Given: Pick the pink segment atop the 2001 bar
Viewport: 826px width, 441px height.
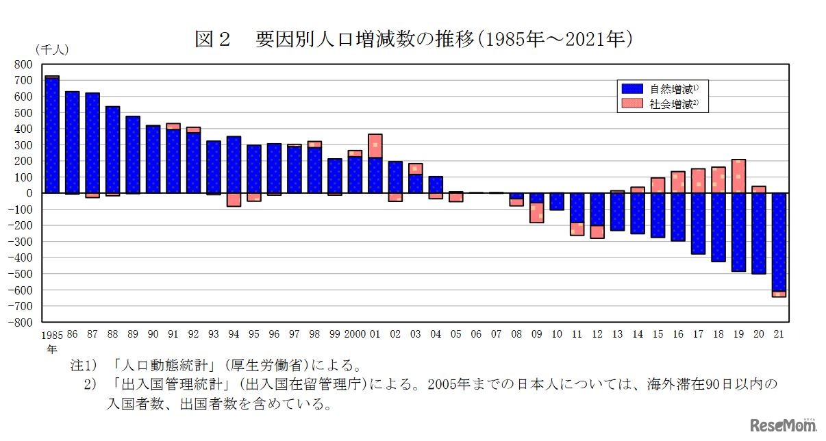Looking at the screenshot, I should pyautogui.click(x=375, y=146).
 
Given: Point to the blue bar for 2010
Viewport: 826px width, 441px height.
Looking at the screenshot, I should pyautogui.click(x=557, y=201).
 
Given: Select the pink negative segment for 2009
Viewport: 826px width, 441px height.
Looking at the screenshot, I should pyautogui.click(x=536, y=213).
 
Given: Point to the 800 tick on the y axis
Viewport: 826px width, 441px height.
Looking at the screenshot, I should pyautogui.click(x=24, y=64).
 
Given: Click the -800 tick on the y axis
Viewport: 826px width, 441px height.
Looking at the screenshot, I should pyautogui.click(x=22, y=322).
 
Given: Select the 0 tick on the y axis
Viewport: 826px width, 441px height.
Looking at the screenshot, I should pyautogui.click(x=29, y=193).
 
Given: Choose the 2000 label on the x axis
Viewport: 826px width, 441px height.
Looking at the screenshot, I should pyautogui.click(x=355, y=335).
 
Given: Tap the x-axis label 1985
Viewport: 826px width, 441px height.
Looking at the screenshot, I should pyautogui.click(x=52, y=336).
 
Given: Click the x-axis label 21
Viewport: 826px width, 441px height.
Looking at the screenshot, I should pyautogui.click(x=779, y=335).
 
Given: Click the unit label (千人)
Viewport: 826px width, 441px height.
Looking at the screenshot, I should pyautogui.click(x=52, y=49).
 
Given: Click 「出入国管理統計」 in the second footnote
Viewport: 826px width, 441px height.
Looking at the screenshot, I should pyautogui.click(x=158, y=385).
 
